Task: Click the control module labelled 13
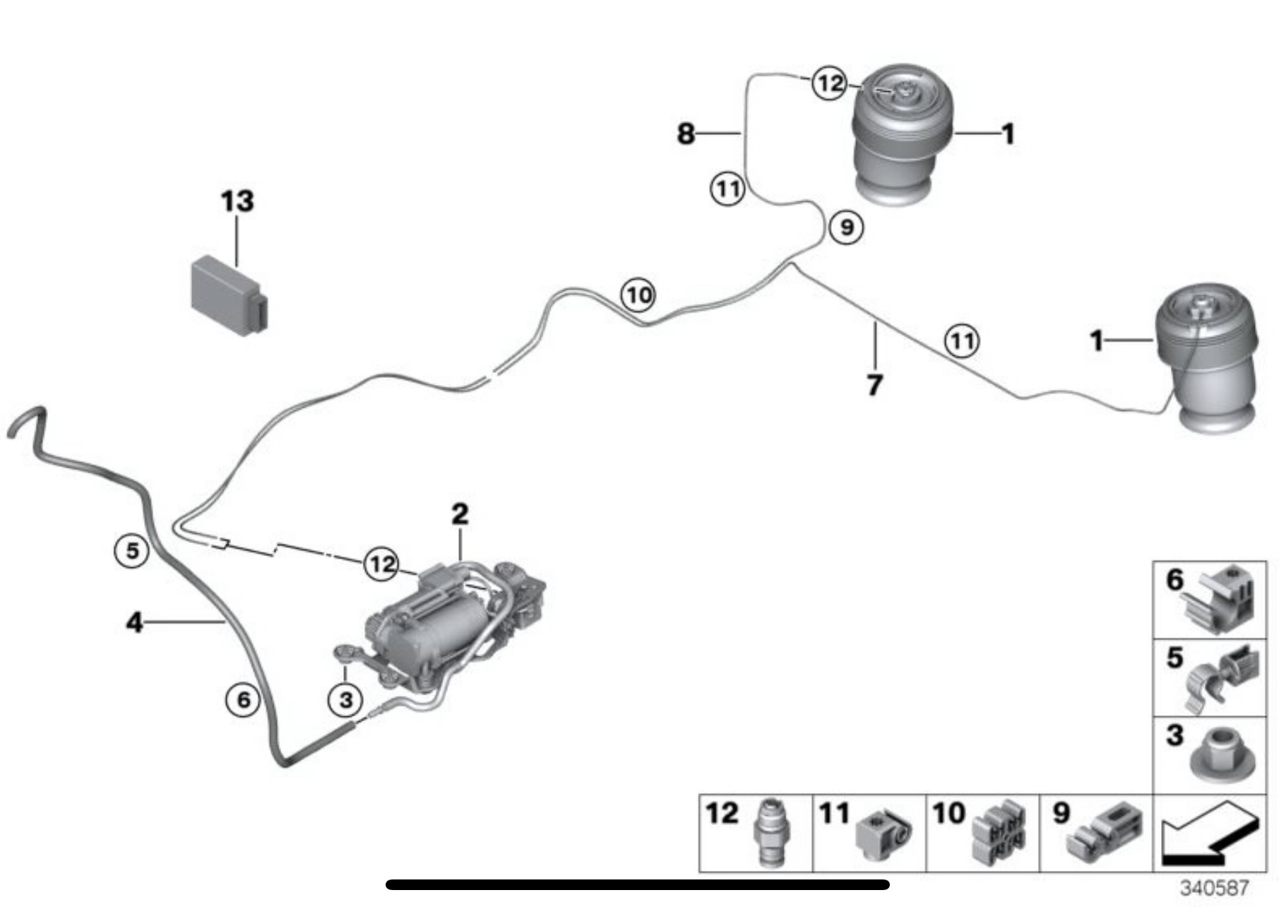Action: [x=227, y=295]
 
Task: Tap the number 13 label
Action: [x=237, y=201]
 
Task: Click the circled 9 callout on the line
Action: [x=846, y=227]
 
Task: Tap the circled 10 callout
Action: [x=638, y=295]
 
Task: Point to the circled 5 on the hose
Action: [x=132, y=550]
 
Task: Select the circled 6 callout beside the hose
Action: [x=243, y=699]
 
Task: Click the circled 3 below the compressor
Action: [x=345, y=699]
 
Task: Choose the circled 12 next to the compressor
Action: [x=381, y=564]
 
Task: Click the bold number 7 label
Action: [x=874, y=386]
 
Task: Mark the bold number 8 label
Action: [x=686, y=133]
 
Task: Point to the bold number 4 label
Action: [x=134, y=622]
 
